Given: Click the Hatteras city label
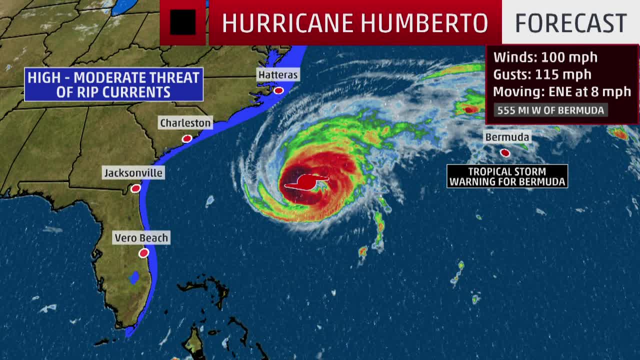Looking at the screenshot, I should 278,75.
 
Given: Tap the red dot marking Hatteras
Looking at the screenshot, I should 278,90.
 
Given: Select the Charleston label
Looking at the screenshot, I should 185,123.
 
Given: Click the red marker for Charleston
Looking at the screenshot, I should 186,138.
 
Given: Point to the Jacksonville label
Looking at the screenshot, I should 133,173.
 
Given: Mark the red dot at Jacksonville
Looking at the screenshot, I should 135,188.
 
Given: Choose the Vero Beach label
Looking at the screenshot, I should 141,238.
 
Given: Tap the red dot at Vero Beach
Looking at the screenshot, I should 144,253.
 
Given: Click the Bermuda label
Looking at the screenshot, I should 506,137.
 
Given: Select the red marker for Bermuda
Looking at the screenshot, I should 505,152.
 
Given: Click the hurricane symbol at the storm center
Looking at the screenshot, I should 305,183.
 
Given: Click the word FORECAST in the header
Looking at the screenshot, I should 570,22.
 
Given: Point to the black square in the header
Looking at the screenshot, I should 182,22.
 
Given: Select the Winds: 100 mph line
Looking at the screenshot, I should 545,57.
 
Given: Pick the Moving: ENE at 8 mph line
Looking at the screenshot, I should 561,91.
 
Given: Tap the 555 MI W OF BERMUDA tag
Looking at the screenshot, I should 550,110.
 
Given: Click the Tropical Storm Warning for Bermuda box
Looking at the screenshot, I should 507,176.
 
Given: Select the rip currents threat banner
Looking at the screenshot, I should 113,84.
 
